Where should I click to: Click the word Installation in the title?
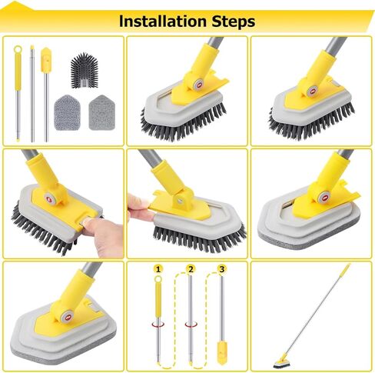(x=161, y=21)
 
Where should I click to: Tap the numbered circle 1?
(x=158, y=269)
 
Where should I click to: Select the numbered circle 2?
(x=191, y=269)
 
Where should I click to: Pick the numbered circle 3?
(x=222, y=269)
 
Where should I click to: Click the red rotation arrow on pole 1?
(x=158, y=323)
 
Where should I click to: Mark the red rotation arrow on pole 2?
(x=190, y=323)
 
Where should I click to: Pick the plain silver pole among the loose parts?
(x=32, y=92)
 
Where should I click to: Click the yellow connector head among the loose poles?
(x=45, y=57)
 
